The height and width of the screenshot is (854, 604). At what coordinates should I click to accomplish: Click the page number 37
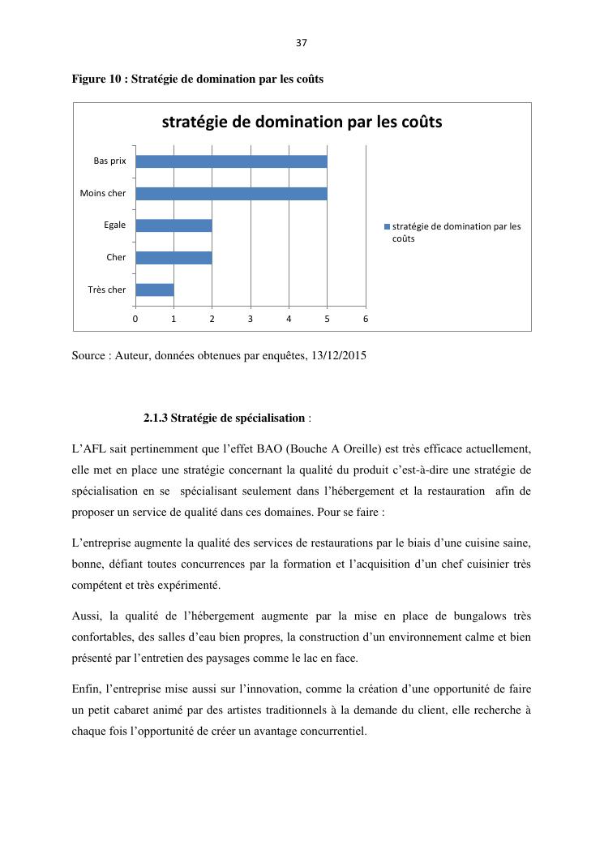[x=302, y=43]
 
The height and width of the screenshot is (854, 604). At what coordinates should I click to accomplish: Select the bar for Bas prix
[x=231, y=161]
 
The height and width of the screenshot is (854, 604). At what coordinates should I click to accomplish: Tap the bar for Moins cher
[x=231, y=193]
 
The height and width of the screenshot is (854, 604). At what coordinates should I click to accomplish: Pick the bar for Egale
[x=173, y=225]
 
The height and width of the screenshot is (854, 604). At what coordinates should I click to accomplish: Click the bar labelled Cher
[x=173, y=258]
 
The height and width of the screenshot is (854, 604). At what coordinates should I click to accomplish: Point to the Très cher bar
[x=155, y=290]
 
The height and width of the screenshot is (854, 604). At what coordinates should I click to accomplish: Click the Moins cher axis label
[x=103, y=193]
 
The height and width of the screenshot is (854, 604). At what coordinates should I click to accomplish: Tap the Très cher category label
[x=107, y=290]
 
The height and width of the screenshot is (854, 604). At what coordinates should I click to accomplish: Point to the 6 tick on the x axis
[x=366, y=319]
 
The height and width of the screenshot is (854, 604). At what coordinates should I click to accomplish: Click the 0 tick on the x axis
[x=135, y=319]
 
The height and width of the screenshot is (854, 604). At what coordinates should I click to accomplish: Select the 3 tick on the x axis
[x=251, y=319]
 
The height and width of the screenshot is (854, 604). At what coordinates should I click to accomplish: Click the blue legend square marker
[x=387, y=226]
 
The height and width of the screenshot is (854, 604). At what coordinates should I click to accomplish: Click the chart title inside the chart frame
[x=302, y=122]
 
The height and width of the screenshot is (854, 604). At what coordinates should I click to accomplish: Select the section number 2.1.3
[x=156, y=418]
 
